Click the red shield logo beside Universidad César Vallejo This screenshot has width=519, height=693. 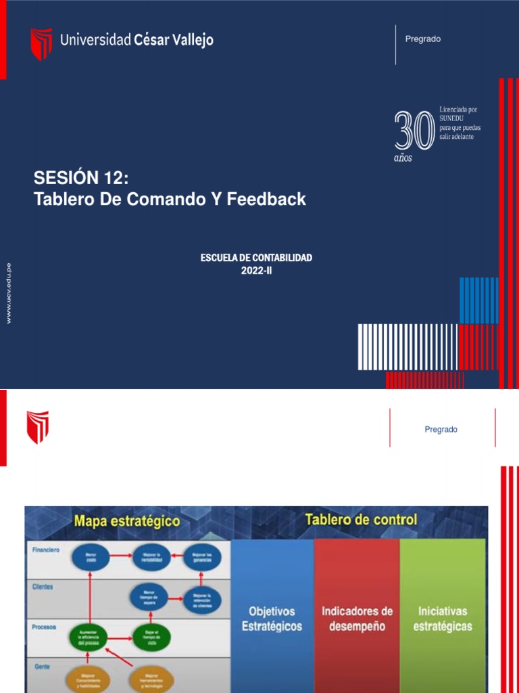click(x=41, y=43)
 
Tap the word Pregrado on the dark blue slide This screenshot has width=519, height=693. click(x=422, y=39)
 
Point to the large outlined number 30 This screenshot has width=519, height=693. click(x=414, y=131)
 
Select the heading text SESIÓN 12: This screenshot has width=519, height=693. click(x=80, y=178)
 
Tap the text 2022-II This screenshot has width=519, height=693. click(x=256, y=271)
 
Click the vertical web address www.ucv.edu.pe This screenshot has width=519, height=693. click(x=9, y=293)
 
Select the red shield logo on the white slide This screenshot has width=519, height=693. click(x=38, y=427)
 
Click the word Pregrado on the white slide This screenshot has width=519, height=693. click(x=441, y=430)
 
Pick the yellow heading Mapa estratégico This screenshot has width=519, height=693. click(x=127, y=522)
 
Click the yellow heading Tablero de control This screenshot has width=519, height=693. click(x=361, y=520)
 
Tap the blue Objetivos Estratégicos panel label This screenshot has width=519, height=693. click(x=272, y=619)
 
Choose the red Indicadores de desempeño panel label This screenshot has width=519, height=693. click(x=357, y=619)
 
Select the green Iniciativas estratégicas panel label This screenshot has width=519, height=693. click(x=443, y=619)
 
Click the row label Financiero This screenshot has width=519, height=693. click(x=45, y=550)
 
